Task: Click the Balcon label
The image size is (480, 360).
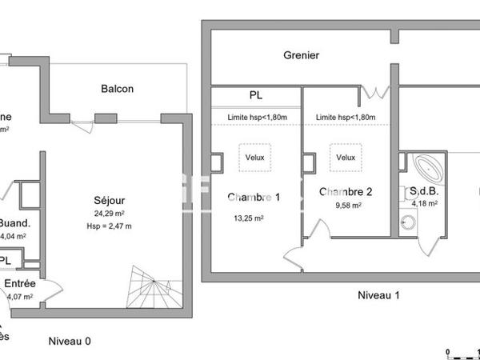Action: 117,89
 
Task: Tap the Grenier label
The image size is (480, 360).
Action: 302,55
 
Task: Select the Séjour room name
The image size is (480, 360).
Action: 109,199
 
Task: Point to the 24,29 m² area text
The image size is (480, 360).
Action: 109,214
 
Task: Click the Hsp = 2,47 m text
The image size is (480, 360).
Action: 109,226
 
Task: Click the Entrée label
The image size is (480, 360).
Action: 18,283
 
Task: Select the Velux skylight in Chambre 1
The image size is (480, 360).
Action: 255,157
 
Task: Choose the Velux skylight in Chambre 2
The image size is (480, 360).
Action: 346,157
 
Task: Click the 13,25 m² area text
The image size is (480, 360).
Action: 248,218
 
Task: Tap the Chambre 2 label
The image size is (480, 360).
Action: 346,192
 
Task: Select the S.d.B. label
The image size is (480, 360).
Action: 424,192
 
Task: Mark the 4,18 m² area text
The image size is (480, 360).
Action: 424,204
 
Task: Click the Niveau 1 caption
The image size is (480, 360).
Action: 378,295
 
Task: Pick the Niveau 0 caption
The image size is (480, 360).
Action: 70,341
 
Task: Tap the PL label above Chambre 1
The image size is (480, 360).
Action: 255,95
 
